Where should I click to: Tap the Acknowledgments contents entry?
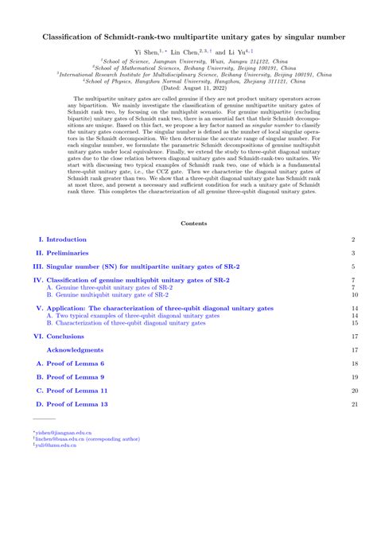[x=75, y=350]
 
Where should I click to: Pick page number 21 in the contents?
[x=354, y=405]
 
